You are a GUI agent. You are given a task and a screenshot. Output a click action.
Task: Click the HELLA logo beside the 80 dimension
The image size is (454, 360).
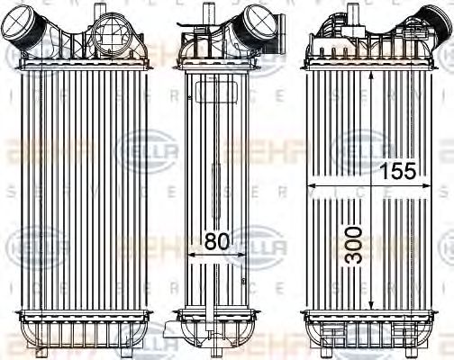click(x=262, y=243)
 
